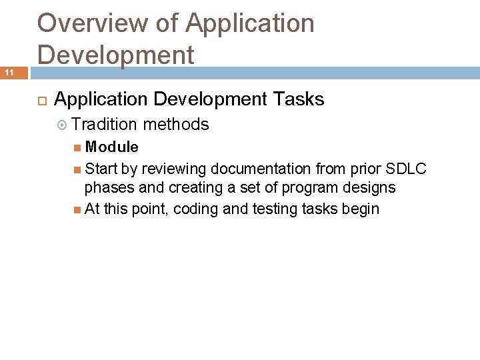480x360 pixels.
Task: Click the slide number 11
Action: tap(10, 72)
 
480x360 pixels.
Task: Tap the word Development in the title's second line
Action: tap(116, 55)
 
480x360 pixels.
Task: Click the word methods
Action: tap(176, 125)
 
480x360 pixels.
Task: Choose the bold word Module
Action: tap(112, 147)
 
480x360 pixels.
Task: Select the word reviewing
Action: tap(175, 168)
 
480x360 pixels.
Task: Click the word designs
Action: tap(371, 188)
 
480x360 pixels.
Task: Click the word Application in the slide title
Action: tap(249, 24)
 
